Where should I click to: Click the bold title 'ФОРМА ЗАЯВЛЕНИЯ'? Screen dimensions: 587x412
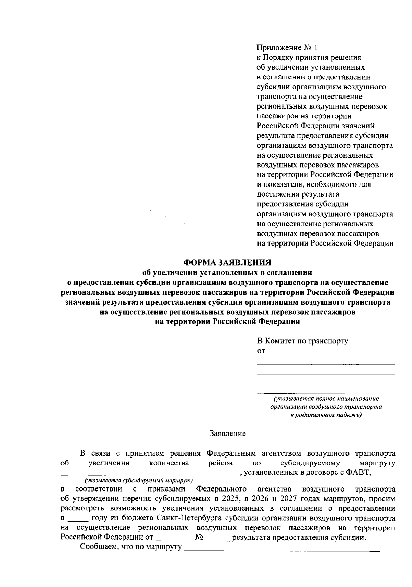(x=227, y=263)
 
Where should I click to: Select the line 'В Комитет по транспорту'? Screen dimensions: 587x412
(x=303, y=341)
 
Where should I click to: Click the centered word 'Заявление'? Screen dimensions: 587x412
(x=228, y=434)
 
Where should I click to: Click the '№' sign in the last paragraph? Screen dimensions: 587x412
(x=199, y=537)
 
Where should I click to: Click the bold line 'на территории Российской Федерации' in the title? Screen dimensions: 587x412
(x=228, y=322)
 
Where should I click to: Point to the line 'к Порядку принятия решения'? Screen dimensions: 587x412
(x=309, y=57)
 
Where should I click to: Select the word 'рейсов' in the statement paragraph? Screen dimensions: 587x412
(x=220, y=463)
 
